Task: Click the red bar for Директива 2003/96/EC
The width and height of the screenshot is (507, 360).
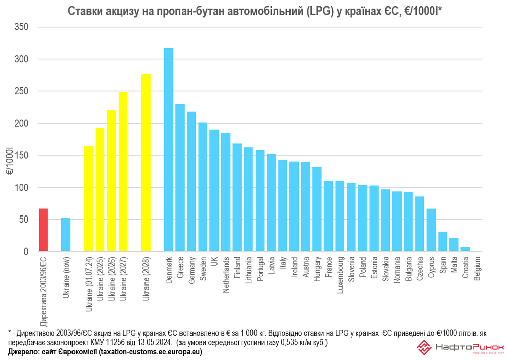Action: pyautogui.click(x=43, y=230)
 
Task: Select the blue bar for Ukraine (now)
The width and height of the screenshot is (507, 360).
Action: pyautogui.click(x=66, y=235)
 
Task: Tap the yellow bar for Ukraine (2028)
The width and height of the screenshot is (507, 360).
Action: pyautogui.click(x=146, y=163)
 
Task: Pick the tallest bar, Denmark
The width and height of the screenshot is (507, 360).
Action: pyautogui.click(x=168, y=150)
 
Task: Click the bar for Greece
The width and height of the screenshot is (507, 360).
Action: pyautogui.click(x=180, y=178)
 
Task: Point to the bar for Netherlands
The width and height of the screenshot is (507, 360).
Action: pyautogui.click(x=226, y=192)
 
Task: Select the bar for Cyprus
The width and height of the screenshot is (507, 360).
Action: pyautogui.click(x=431, y=230)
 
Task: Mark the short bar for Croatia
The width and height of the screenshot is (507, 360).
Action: pyautogui.click(x=465, y=249)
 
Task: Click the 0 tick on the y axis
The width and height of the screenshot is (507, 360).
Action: pyautogui.click(x=26, y=251)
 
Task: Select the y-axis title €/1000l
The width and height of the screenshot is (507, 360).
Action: pyautogui.click(x=10, y=162)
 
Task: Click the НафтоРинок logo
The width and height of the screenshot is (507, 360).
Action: pyautogui.click(x=459, y=348)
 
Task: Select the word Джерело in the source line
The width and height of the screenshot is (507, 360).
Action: pyautogui.click(x=23, y=352)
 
